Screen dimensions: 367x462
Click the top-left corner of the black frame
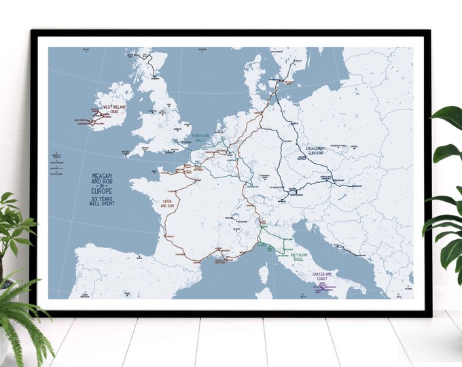[x=31, y=31]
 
